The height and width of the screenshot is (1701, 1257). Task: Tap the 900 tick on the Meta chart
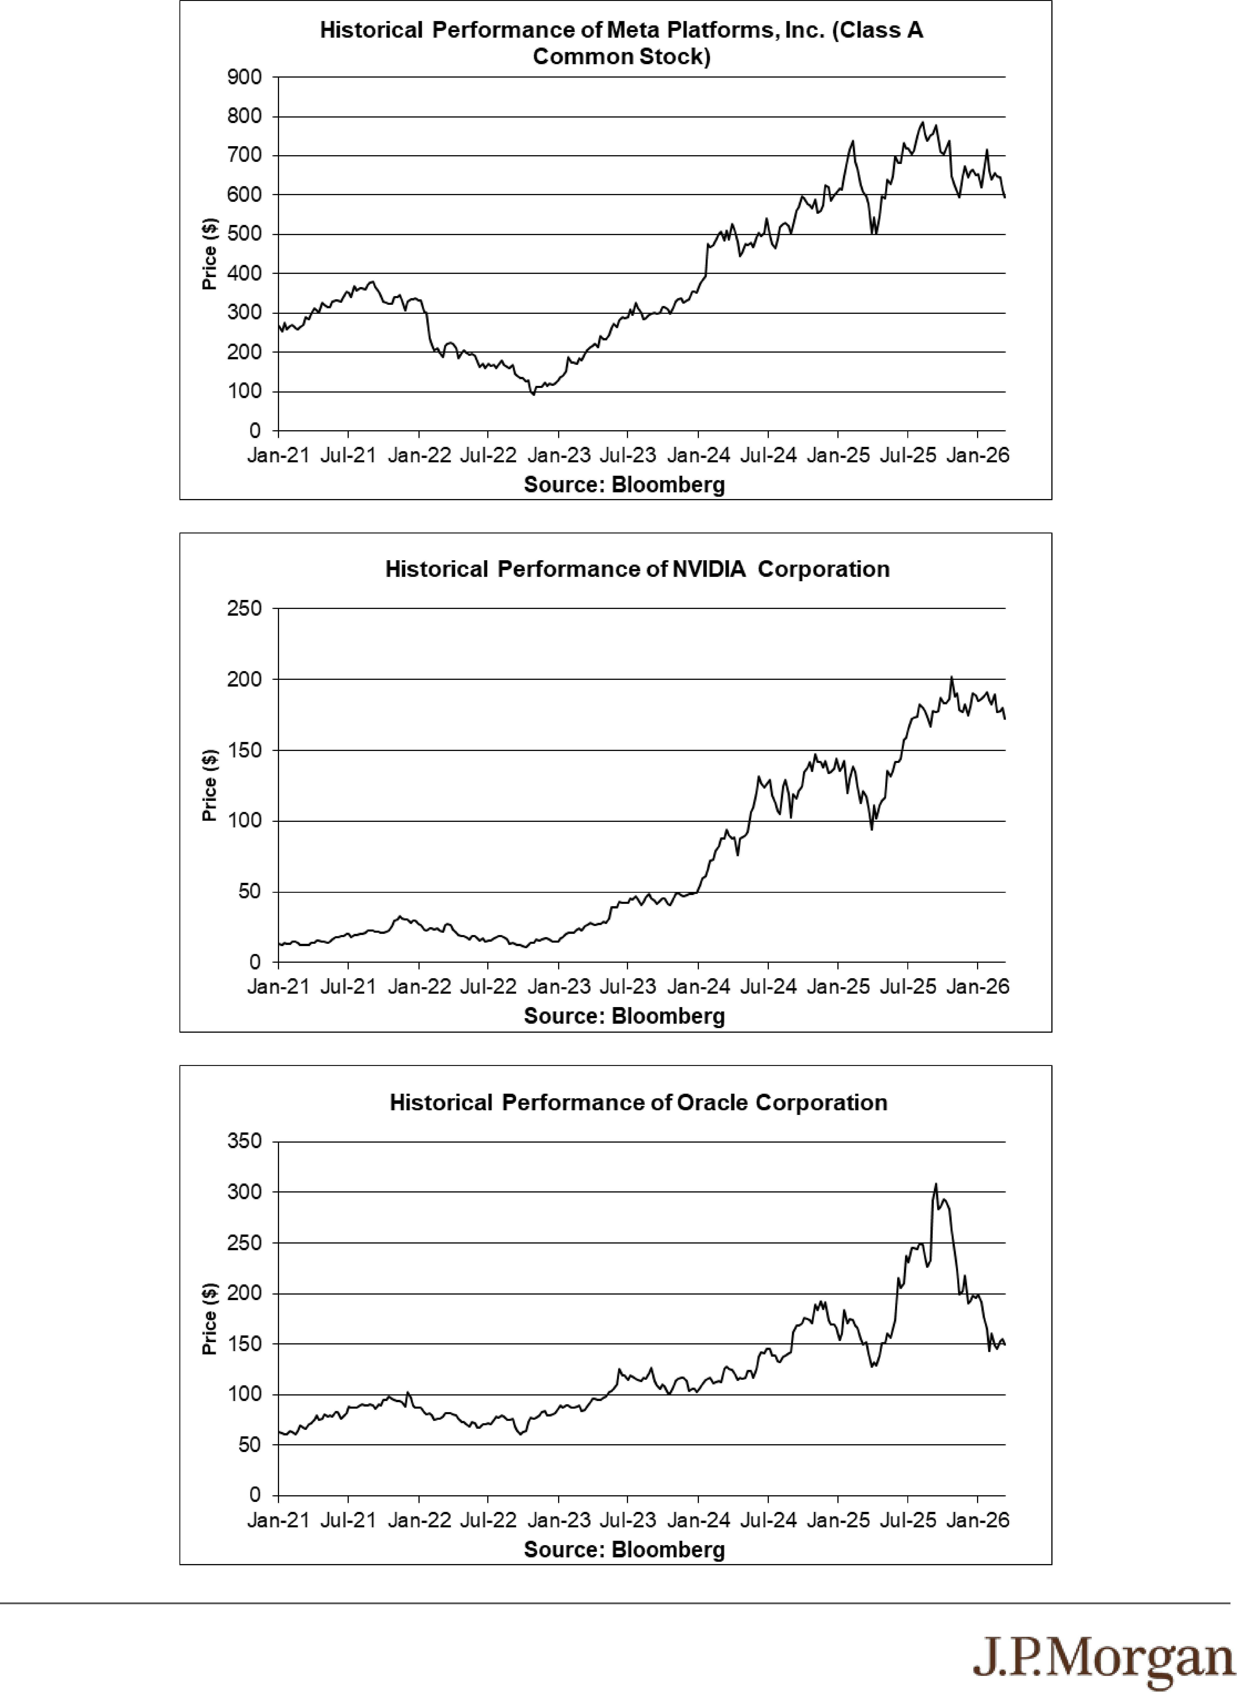[244, 77]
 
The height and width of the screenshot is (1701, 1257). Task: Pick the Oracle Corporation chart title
[638, 1103]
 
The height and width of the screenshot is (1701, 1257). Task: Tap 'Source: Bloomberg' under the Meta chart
[624, 485]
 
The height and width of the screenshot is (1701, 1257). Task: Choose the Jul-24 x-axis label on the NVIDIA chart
[769, 987]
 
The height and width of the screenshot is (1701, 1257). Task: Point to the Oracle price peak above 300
[936, 1184]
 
